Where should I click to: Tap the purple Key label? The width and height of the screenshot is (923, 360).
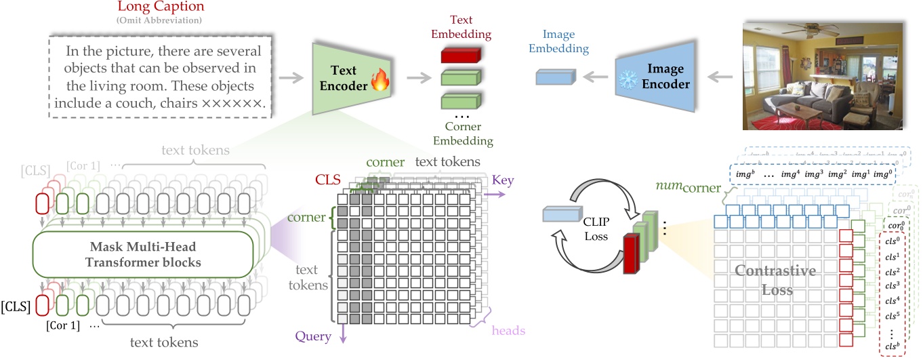coord(503,180)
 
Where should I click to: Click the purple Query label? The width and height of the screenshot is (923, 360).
coord(313,336)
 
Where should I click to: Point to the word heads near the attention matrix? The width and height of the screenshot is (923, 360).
coord(508,331)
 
